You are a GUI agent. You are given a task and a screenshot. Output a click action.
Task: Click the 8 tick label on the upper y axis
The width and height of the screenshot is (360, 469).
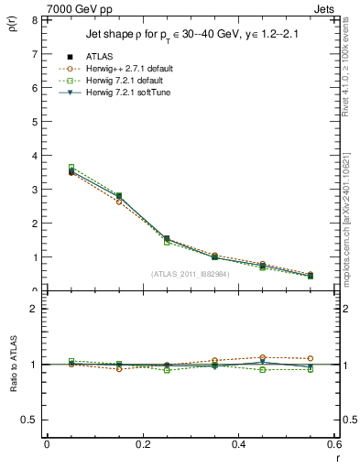pos(34,20)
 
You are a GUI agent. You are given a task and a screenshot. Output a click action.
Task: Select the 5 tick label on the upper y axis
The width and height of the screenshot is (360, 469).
pos(34,122)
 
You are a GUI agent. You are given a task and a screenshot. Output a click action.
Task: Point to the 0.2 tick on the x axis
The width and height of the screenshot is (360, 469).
pos(143,444)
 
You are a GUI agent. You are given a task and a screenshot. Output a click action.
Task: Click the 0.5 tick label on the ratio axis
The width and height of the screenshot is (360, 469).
pos(29,420)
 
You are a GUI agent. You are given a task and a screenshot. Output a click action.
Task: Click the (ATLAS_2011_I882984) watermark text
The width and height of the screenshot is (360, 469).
pos(191,274)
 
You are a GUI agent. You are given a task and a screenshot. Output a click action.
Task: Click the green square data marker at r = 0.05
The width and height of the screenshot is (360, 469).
pos(47,168)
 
